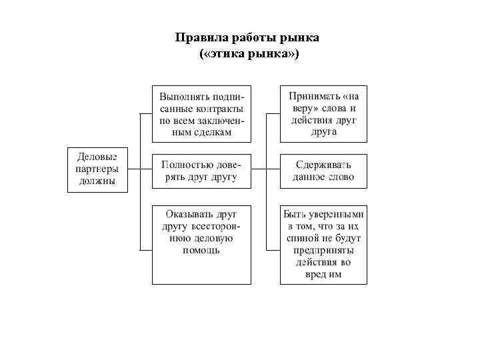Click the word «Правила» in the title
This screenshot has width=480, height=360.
coord(199,37)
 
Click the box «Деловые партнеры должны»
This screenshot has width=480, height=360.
coord(97,169)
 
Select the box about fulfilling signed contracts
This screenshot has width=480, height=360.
coord(201,113)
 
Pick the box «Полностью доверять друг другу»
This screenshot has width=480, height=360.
coord(201,171)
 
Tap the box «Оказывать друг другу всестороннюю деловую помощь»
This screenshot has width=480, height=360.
coord(201,245)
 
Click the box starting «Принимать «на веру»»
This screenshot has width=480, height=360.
coord(323,113)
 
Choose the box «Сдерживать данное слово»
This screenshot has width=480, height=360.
coord(323,171)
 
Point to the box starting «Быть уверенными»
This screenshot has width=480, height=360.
coord(323,245)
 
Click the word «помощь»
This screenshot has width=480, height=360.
coord(201,251)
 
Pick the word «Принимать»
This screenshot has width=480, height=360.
coord(309,95)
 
